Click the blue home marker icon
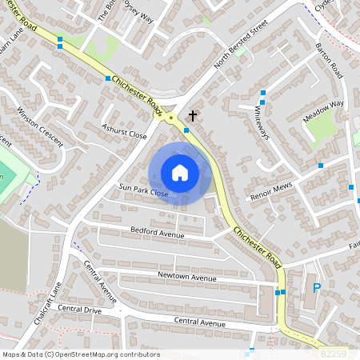(180, 172)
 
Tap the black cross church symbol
(192, 116)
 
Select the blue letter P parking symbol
(316, 288)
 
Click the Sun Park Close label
(144, 194)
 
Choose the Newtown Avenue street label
(186, 278)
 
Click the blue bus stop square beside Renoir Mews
(321, 166)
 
